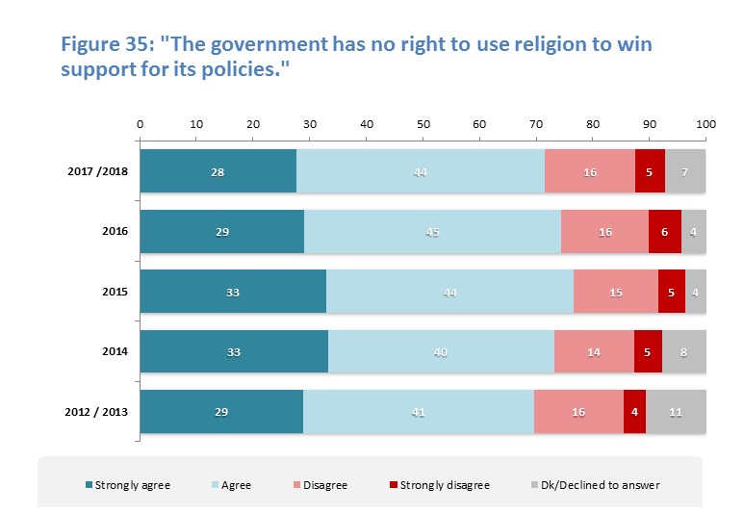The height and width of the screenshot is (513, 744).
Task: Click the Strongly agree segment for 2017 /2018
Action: click(x=218, y=171)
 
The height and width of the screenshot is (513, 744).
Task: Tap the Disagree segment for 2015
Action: click(x=616, y=292)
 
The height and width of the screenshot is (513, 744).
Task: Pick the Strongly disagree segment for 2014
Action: click(x=649, y=351)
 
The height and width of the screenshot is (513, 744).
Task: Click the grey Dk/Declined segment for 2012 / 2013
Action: click(x=676, y=412)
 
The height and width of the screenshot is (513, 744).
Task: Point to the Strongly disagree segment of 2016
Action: click(x=665, y=231)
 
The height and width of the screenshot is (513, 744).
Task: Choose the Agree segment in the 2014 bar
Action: click(x=441, y=351)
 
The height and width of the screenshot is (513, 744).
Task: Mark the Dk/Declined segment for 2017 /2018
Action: click(x=685, y=171)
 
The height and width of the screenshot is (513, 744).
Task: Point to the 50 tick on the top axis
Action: click(x=423, y=124)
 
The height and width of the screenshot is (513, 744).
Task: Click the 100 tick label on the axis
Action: click(x=706, y=124)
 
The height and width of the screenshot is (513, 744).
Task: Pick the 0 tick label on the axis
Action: click(x=141, y=124)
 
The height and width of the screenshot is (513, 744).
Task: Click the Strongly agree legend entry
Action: click(x=132, y=485)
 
